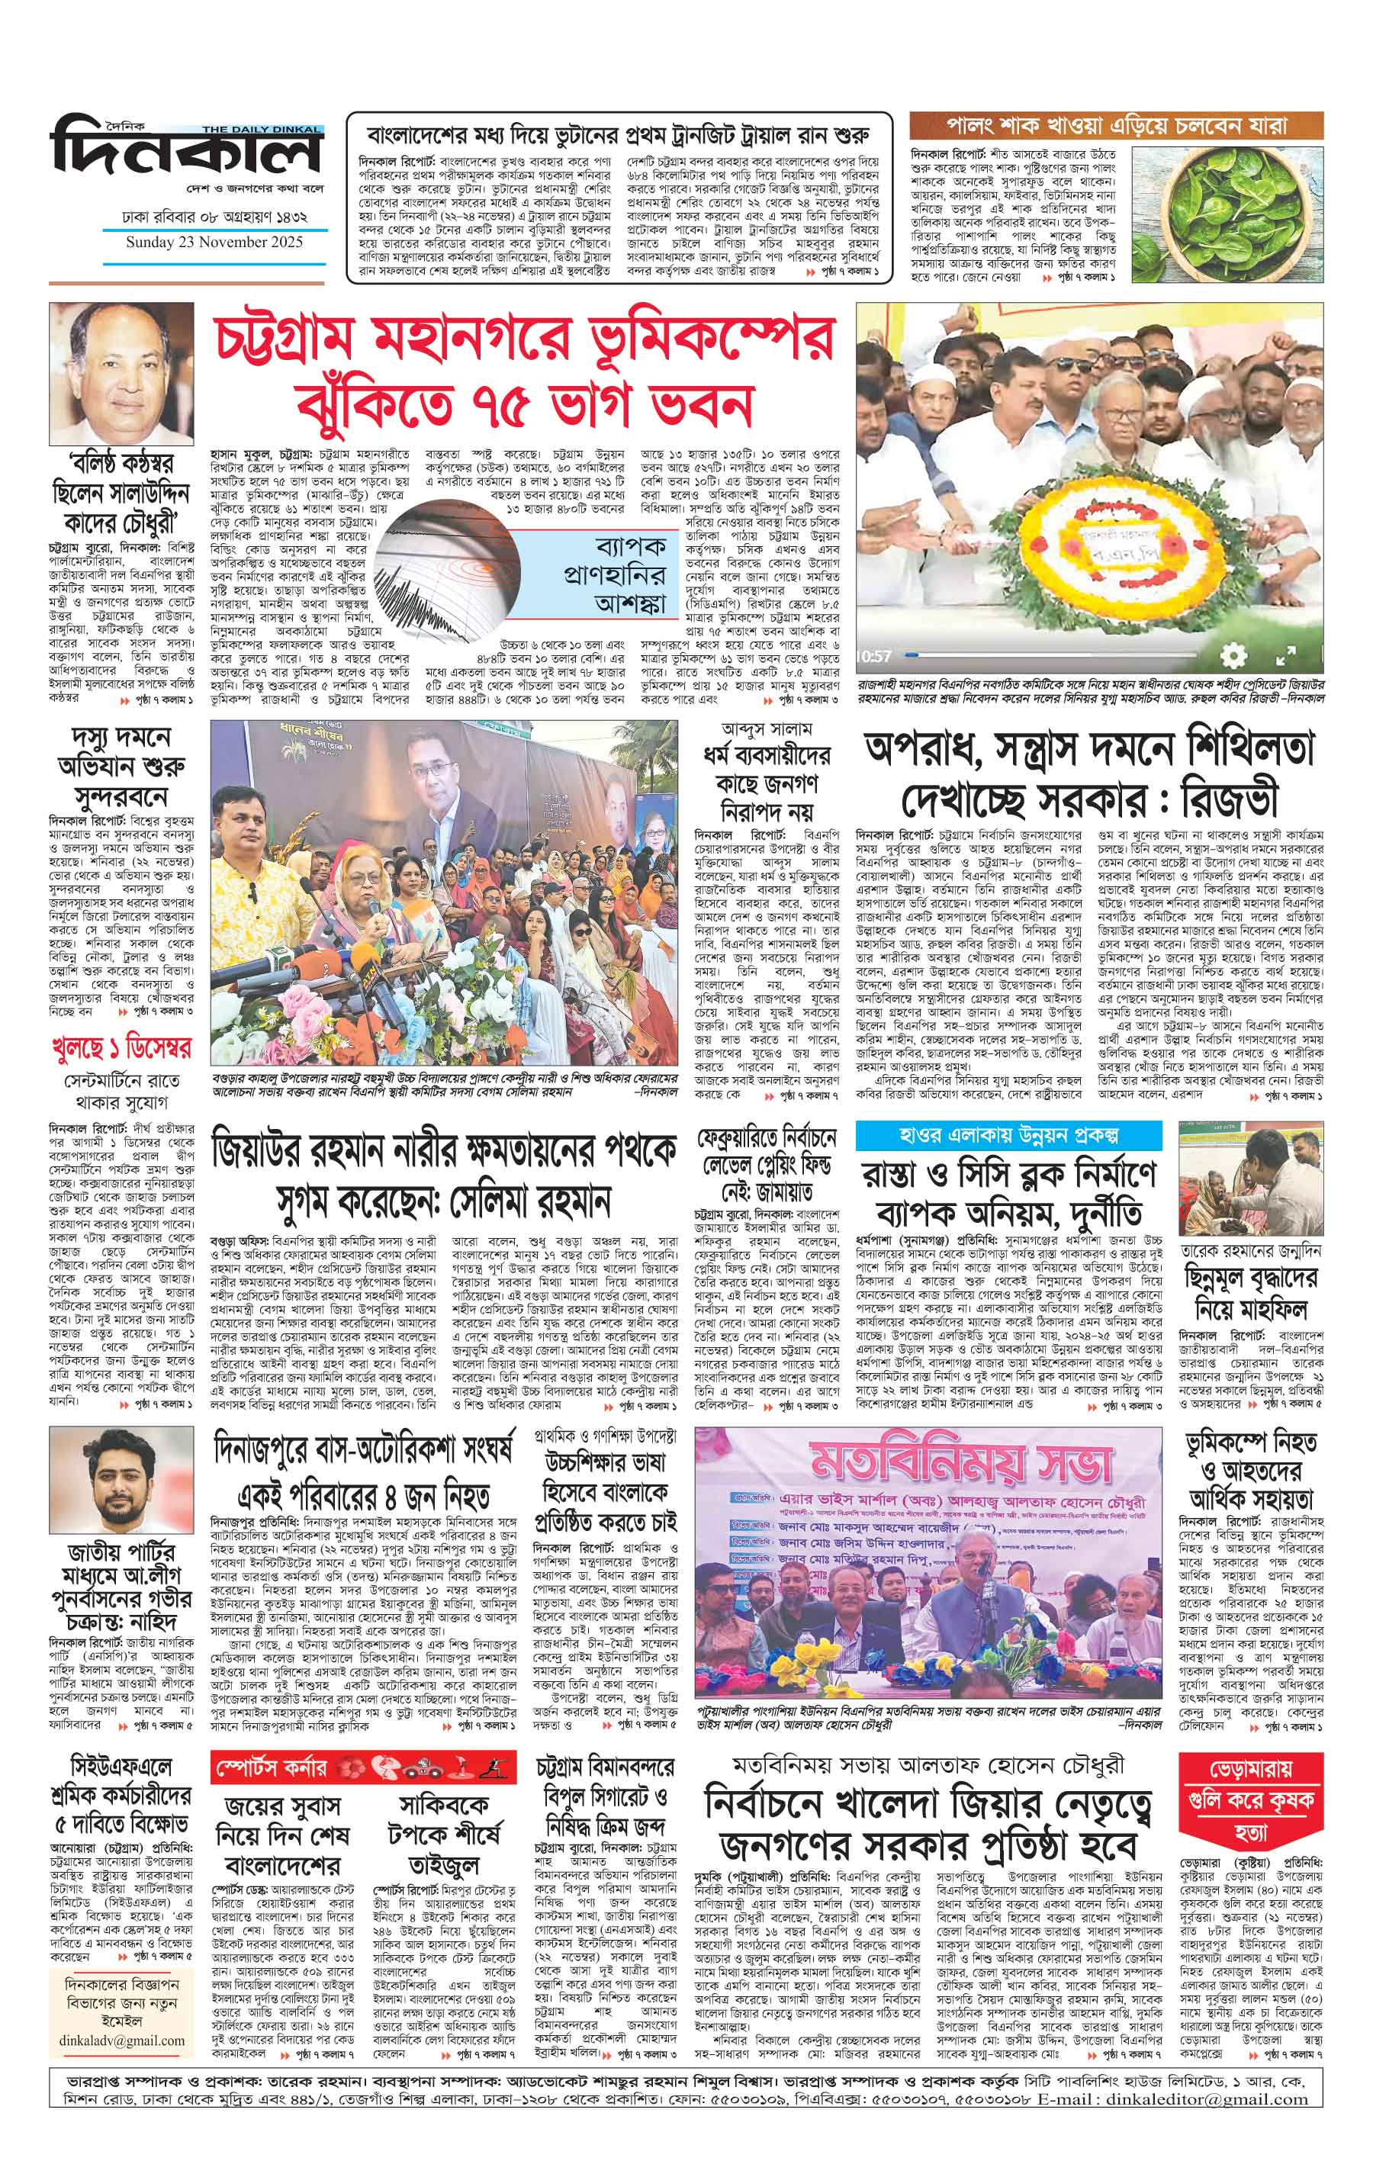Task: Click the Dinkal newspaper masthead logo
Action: point(186,150)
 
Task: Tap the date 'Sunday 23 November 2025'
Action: point(214,243)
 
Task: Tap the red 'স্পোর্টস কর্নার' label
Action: point(270,1743)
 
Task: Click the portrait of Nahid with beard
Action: point(121,1482)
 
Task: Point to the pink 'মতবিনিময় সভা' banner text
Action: point(961,1461)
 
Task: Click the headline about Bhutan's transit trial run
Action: point(619,137)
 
